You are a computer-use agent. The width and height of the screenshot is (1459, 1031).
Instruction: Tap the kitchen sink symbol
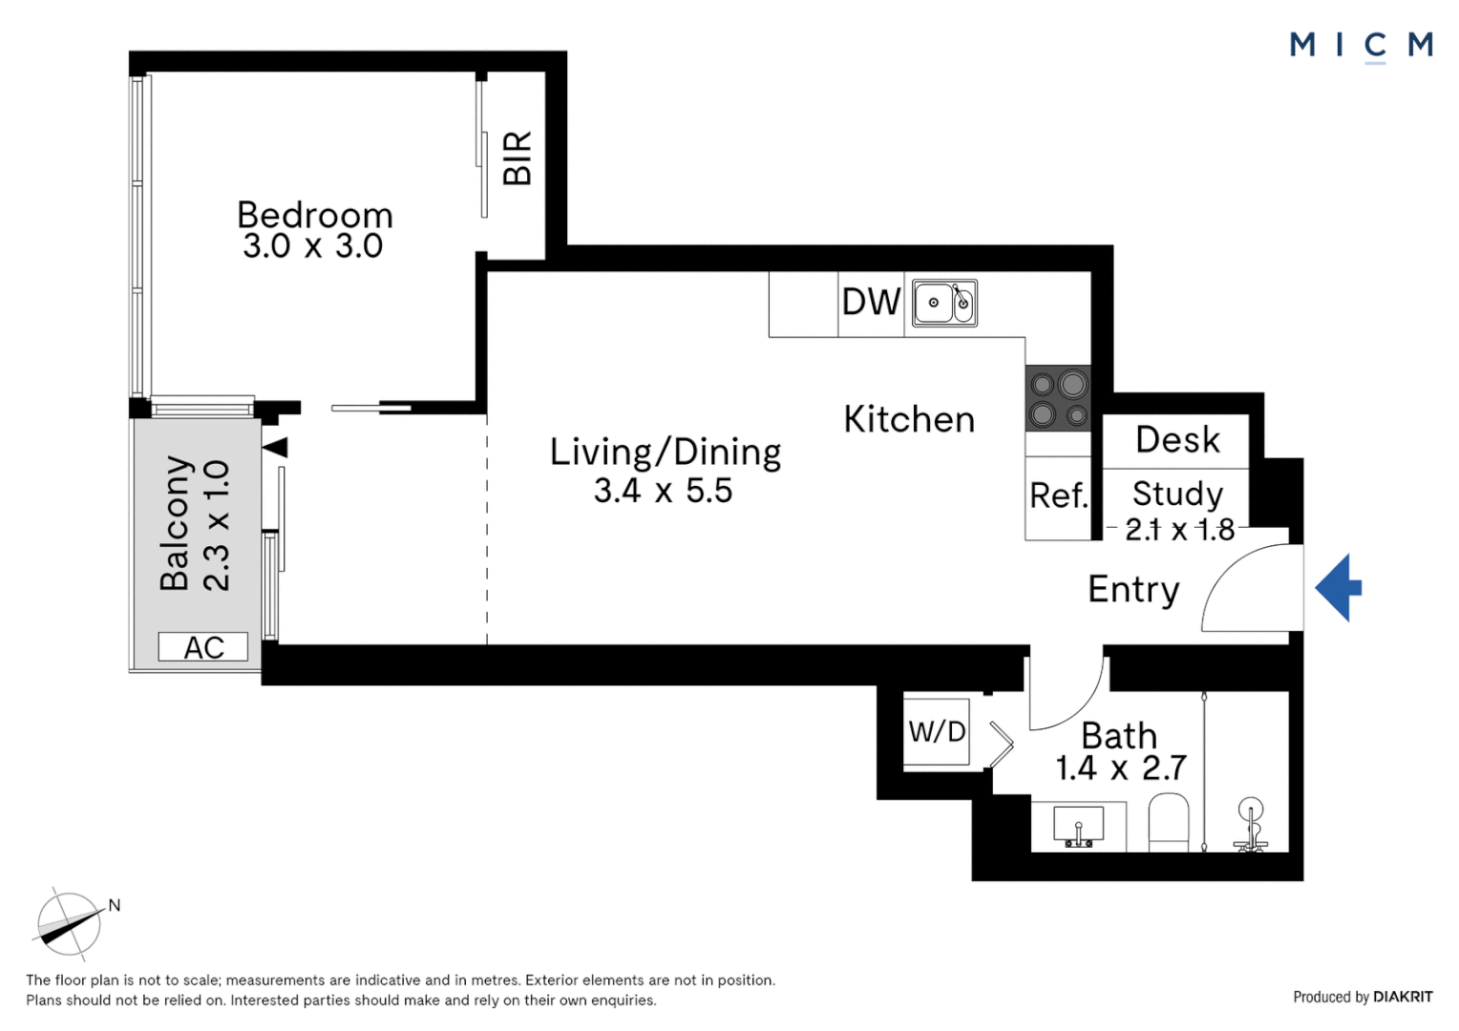click(943, 303)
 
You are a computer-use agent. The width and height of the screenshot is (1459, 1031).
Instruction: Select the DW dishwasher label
click(871, 303)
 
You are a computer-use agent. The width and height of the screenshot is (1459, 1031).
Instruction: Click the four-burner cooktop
click(1058, 398)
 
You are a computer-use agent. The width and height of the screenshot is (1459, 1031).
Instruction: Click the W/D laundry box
click(937, 732)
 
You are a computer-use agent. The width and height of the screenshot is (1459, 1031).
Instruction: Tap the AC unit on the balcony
click(203, 647)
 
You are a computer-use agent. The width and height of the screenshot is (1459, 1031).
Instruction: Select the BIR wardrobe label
click(517, 158)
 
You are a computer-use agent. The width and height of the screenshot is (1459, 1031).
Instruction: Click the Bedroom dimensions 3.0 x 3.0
click(313, 246)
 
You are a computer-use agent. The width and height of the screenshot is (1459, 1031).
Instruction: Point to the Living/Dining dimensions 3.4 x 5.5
click(663, 491)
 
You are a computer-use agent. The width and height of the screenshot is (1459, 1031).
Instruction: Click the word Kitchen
click(909, 420)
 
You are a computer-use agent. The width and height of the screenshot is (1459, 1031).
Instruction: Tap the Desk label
click(1177, 440)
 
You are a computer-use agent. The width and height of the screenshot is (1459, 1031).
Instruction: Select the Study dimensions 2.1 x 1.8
click(1179, 529)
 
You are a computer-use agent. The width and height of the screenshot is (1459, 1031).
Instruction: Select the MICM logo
click(1361, 45)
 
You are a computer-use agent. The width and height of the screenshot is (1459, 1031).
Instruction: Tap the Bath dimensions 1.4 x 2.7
click(1120, 768)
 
